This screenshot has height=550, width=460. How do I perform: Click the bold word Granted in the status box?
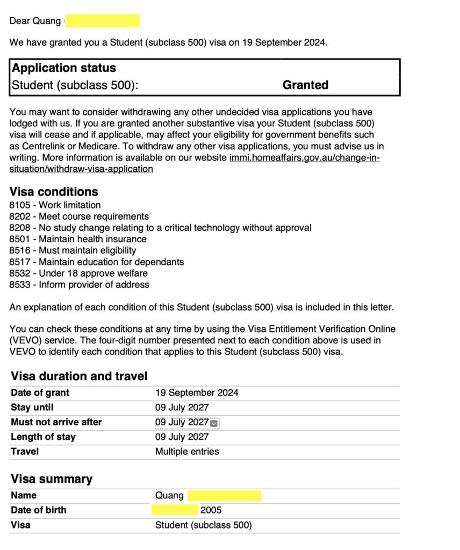pos(305,85)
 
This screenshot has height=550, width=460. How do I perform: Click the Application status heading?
pos(64,68)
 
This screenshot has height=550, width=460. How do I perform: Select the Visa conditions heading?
pos(54,192)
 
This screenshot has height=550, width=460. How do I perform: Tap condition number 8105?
pos(20,205)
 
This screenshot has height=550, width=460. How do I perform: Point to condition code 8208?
pos(20,228)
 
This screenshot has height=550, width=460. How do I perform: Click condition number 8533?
pos(20,285)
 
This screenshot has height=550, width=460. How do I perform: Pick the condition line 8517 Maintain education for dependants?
pos(97,262)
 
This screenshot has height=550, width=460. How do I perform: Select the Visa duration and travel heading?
pos(79,376)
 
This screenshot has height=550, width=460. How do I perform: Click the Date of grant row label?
pos(40,393)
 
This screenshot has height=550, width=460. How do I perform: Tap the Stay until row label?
pos(32,407)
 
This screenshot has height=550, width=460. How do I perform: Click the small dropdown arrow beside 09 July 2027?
pos(214,423)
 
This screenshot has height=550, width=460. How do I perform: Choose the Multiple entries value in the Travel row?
pos(187,452)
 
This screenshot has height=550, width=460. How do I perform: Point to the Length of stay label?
pos(43,437)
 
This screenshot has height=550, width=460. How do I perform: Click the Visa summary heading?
pos(52,479)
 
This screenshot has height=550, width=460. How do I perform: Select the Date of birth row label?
pos(39,510)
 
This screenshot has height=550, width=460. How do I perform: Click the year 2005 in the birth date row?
pos(211,510)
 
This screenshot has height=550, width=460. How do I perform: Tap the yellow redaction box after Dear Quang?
pos(102,21)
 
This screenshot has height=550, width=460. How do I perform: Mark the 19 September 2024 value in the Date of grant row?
pos(197,393)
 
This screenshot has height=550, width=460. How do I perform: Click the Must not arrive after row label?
pos(56,422)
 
